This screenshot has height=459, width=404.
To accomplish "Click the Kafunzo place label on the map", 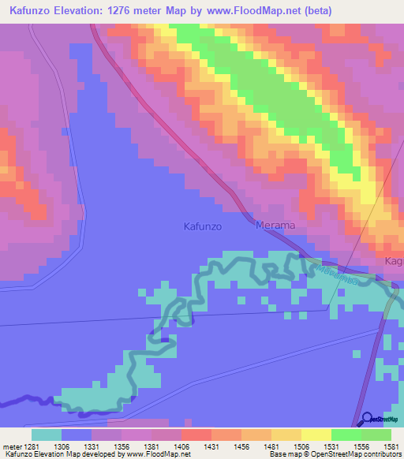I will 202,226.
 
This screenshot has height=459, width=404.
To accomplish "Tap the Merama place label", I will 275,226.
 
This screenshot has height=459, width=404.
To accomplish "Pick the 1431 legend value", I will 211,446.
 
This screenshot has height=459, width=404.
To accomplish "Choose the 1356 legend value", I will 121,446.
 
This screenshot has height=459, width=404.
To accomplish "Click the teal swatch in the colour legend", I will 47,434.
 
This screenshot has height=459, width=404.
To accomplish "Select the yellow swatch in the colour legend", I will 316,434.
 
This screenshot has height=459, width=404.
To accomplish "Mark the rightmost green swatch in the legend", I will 376,434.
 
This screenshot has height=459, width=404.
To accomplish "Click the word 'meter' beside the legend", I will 11,446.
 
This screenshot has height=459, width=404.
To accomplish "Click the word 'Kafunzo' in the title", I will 28,10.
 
